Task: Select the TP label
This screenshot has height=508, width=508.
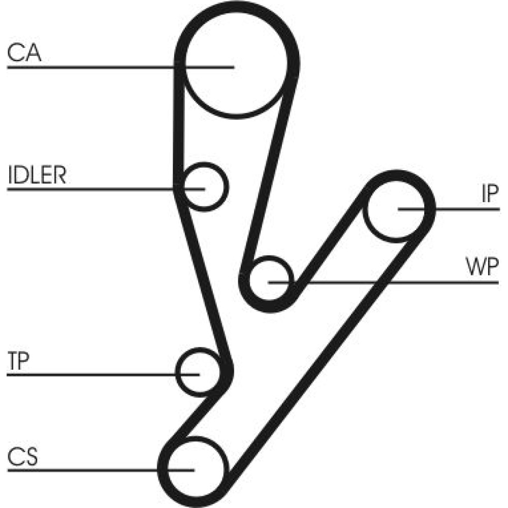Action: tap(19, 361)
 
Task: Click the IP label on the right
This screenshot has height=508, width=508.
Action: tap(489, 195)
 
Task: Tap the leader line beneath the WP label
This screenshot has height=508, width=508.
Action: tap(406, 282)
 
